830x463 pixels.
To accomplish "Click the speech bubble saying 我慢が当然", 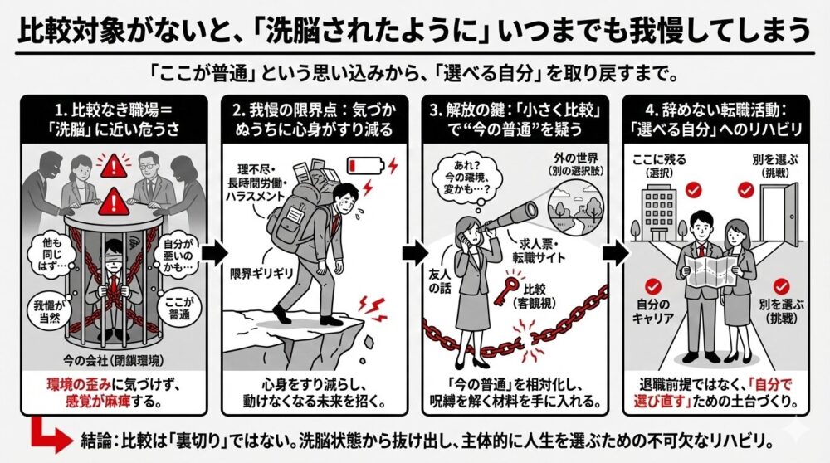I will (50, 309).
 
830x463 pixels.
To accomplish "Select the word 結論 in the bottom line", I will (102, 437).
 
